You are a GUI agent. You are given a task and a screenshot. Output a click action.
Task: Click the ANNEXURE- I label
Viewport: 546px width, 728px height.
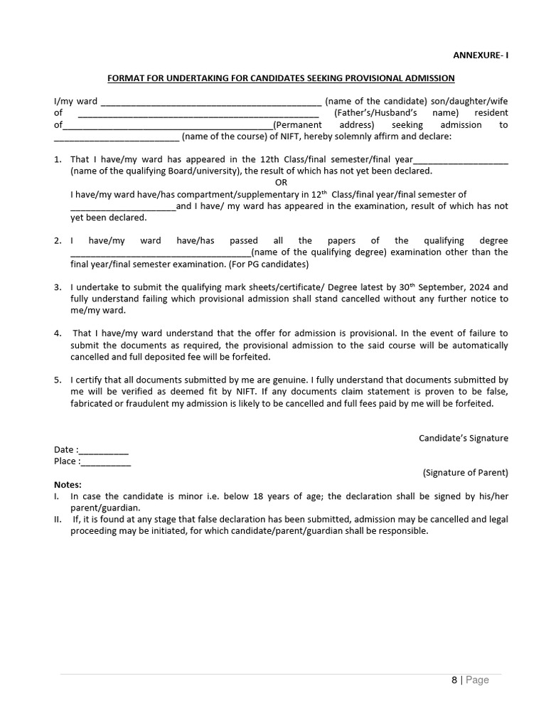pyautogui.click(x=481, y=55)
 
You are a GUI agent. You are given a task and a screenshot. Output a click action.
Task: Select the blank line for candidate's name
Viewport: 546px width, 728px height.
pyautogui.click(x=211, y=102)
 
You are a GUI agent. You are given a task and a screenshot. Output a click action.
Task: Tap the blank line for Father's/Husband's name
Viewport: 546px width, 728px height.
pyautogui.click(x=198, y=114)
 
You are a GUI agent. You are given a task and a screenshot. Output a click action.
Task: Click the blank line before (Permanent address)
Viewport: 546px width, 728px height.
pyautogui.click(x=168, y=126)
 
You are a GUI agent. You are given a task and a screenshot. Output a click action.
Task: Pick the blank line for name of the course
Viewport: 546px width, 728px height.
pyautogui.click(x=117, y=137)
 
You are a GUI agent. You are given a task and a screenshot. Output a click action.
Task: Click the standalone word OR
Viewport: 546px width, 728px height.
pyautogui.click(x=281, y=183)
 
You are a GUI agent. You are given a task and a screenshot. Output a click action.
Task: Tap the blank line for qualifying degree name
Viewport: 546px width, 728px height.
pyautogui.click(x=161, y=253)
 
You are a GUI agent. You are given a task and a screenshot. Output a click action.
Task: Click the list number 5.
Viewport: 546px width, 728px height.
pyautogui.click(x=58, y=380)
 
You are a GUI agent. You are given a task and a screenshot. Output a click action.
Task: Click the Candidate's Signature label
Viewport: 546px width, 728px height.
pyautogui.click(x=463, y=438)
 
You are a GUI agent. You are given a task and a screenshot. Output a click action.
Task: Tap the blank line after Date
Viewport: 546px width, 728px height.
pyautogui.click(x=104, y=450)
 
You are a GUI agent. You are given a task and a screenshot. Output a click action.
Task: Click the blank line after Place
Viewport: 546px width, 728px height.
pyautogui.click(x=106, y=462)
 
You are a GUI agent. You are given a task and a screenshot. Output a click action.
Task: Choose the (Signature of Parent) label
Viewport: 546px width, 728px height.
pyautogui.click(x=465, y=473)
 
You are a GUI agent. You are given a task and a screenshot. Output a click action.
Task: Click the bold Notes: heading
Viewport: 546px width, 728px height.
pyautogui.click(x=68, y=485)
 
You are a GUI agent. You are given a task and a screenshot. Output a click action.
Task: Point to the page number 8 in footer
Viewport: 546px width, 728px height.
pyautogui.click(x=454, y=680)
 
